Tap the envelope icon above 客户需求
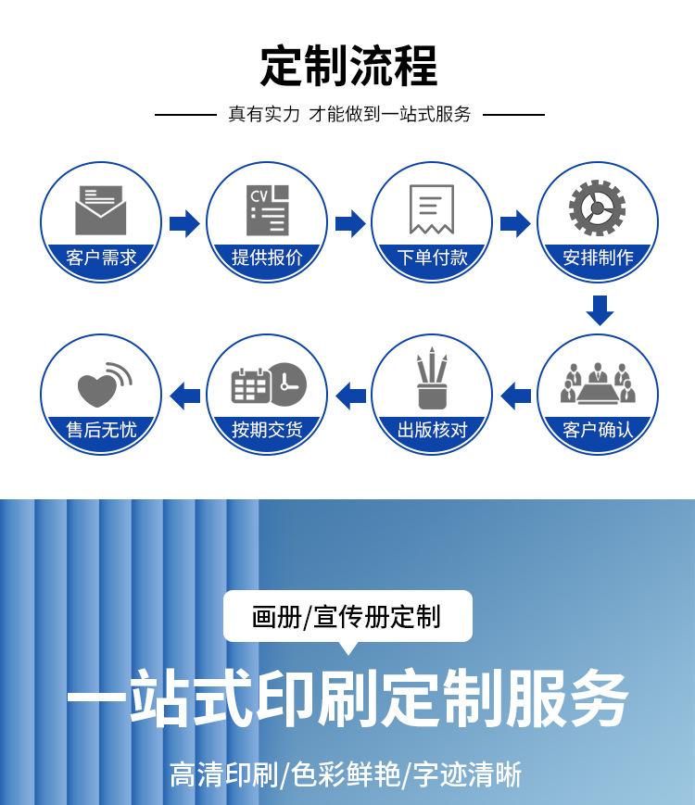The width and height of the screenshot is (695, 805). pos(99,210)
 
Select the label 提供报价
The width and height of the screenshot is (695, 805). pos(267,258)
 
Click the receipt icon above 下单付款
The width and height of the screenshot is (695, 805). pos(432,209)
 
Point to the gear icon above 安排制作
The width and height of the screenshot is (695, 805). pos(597,209)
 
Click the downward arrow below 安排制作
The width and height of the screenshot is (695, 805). pos(600,310)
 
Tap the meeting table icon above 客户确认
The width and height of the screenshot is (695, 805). pos(598,383)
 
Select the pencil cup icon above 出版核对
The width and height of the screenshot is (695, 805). pos(431,379)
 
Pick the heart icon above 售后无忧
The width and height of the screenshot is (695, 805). pos(102,384)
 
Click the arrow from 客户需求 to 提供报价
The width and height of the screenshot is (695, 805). pos(184,223)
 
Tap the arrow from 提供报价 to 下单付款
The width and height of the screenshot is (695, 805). pos(349,223)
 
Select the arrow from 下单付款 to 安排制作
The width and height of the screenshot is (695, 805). pos(515,223)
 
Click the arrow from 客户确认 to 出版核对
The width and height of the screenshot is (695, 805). pos(515,396)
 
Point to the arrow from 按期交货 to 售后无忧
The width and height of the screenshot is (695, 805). pos(185,396)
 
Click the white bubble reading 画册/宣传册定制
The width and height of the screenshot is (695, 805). pos(347,616)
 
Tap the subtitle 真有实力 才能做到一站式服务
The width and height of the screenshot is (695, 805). pos(349,114)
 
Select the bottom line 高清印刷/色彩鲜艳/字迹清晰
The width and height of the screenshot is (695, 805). pos(347,774)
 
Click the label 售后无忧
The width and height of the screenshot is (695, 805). pos(101,430)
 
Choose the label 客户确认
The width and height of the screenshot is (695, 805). pos(598,430)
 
